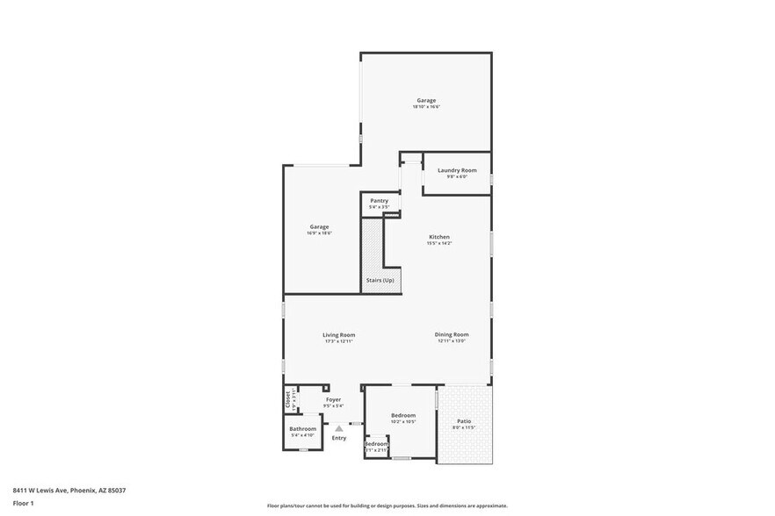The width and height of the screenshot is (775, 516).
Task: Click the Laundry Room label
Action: [457, 169]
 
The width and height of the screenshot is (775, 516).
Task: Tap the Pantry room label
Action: [379, 200]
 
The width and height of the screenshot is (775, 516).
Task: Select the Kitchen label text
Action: [439, 237]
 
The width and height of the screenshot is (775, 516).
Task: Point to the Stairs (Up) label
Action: [380, 280]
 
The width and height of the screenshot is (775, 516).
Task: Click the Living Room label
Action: [338, 334]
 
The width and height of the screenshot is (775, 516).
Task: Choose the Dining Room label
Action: [452, 334]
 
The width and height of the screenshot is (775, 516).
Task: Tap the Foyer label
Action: [333, 399]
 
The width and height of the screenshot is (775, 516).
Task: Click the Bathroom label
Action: [303, 428]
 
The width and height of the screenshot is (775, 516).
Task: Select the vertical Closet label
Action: [287, 399]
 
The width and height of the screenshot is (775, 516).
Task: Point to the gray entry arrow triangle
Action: [338, 427]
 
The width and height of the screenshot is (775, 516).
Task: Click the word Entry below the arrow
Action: [338, 437]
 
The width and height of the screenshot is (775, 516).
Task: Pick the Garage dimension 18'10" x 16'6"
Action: [426, 107]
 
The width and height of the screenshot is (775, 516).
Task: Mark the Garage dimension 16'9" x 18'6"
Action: [318, 233]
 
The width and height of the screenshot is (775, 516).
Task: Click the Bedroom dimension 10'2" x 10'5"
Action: [403, 422]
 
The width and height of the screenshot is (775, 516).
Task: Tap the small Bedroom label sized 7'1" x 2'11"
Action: [377, 444]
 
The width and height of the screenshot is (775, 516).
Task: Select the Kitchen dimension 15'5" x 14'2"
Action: [439, 244]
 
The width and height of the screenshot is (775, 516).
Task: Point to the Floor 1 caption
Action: [23, 503]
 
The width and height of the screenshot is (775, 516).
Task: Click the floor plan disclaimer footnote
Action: [387, 505]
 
